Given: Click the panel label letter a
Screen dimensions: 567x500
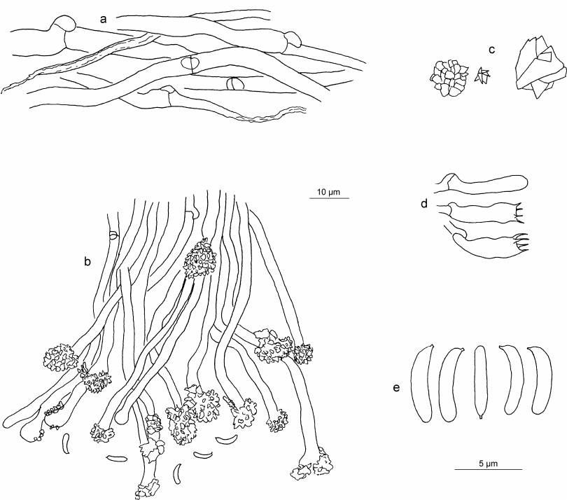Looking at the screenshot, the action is tap(104, 20).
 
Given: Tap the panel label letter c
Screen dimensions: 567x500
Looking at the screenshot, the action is tap(491, 50).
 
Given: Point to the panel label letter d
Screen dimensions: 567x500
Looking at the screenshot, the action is tap(424, 204).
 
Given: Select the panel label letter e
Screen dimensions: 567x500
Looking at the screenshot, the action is tap(396, 388).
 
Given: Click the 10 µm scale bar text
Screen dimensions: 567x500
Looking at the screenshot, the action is tap(328, 192).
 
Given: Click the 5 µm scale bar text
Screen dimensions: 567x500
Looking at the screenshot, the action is tap(488, 464).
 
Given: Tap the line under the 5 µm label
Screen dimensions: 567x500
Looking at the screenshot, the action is tap(488, 469).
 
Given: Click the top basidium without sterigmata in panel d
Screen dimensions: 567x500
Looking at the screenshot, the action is tap(482, 183).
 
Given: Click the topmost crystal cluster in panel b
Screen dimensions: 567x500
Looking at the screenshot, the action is tap(200, 259).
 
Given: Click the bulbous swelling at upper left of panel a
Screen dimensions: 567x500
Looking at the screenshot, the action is tap(64, 24).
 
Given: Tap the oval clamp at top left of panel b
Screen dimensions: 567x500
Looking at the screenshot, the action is tap(113, 235).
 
